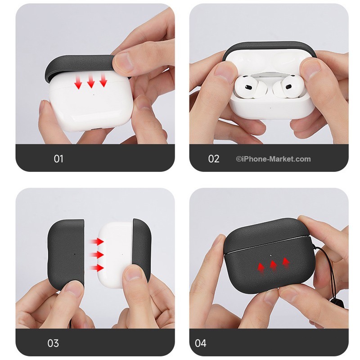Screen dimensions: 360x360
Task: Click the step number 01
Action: pos(58,159)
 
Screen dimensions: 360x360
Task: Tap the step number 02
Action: pos(214,159)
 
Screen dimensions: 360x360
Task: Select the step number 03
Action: pos(53,343)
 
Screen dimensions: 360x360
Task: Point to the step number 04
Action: pos(201,343)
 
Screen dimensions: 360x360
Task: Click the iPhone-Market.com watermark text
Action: pos(273,159)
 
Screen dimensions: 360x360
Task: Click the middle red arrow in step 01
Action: pos(91,81)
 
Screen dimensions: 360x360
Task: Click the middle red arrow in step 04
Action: pos(273,265)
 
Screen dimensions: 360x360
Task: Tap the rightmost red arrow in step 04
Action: pos(285,261)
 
